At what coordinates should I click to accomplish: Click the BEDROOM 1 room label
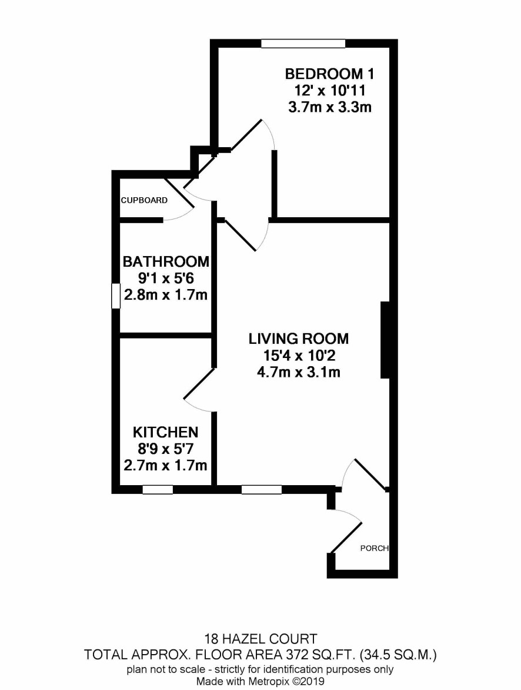pyautogui.click(x=329, y=74)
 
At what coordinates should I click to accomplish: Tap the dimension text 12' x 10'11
pyautogui.click(x=330, y=90)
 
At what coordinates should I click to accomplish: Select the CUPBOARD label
pyautogui.click(x=144, y=200)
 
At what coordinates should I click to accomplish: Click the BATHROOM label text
pyautogui.click(x=166, y=261)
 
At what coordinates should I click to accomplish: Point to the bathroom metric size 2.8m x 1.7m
pyautogui.click(x=166, y=294)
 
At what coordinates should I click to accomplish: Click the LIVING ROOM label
pyautogui.click(x=299, y=339)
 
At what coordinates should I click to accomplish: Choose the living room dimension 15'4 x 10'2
pyautogui.click(x=299, y=355)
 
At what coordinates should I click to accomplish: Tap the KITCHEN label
pyautogui.click(x=166, y=432)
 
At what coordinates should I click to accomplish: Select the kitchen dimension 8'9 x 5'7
pyautogui.click(x=166, y=449)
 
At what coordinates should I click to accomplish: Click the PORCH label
pyautogui.click(x=374, y=548)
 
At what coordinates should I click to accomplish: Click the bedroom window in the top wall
pyautogui.click(x=303, y=43)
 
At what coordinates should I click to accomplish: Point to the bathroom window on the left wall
pyautogui.click(x=116, y=296)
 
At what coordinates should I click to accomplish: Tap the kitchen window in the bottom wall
pyautogui.click(x=158, y=489)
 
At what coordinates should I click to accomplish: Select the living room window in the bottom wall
pyautogui.click(x=262, y=489)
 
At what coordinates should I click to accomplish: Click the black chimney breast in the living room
pyautogui.click(x=385, y=340)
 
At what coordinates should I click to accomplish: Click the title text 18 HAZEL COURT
pyautogui.click(x=260, y=639)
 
